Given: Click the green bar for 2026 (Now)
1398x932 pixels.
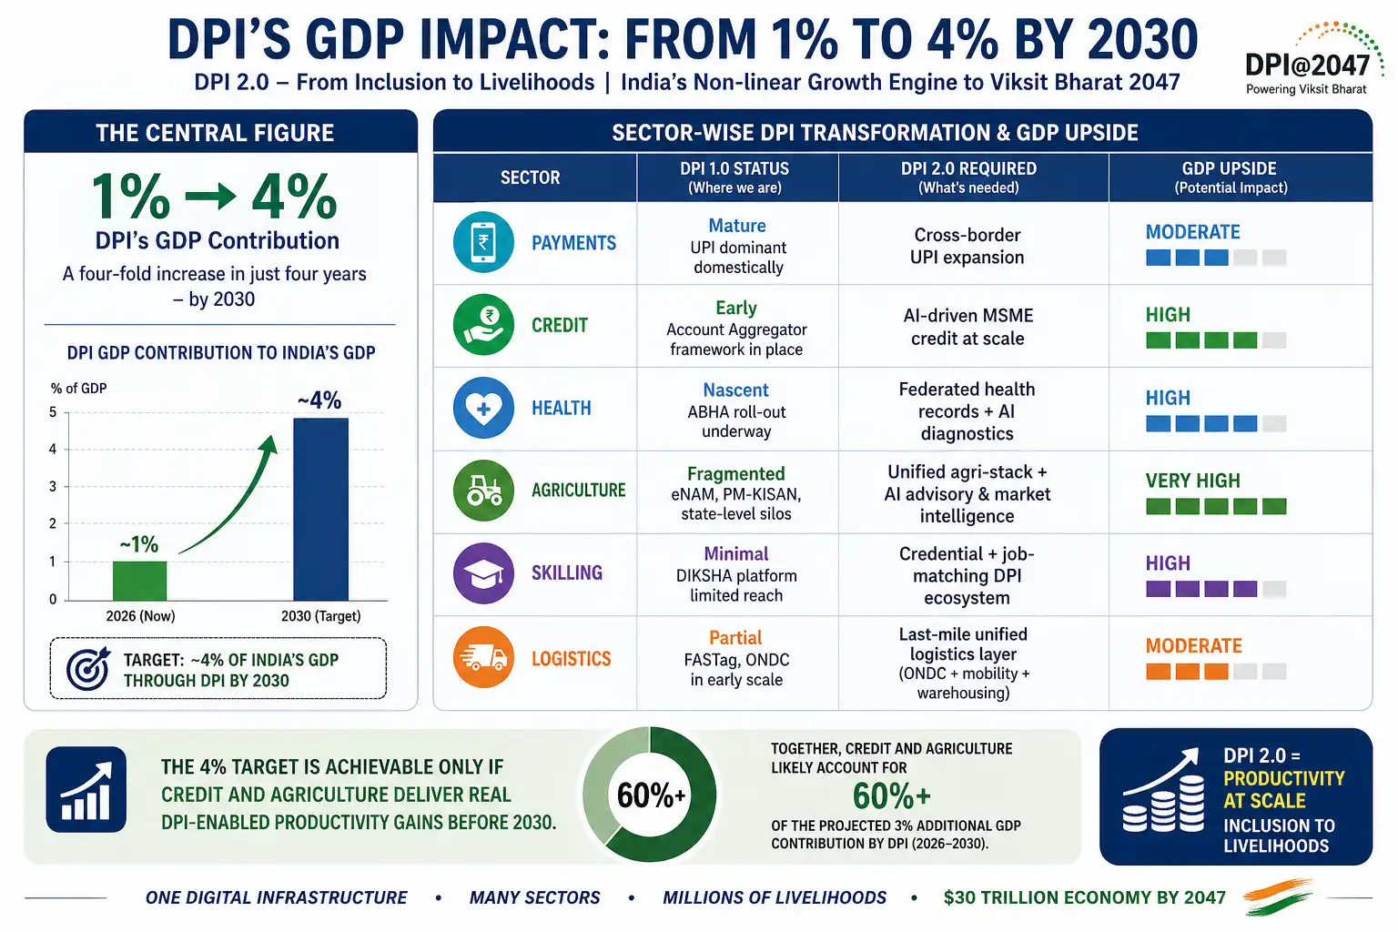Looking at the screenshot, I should click(x=139, y=580).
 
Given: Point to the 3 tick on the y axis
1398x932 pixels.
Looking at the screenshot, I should click(x=53, y=486).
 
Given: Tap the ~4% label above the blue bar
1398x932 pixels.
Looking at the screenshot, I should click(x=319, y=400).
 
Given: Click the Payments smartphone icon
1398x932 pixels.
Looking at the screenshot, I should click(x=483, y=242).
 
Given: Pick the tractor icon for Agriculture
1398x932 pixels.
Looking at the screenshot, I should click(x=483, y=490).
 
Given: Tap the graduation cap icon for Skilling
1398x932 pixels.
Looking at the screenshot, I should click(x=483, y=572).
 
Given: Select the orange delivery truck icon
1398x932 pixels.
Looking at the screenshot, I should click(x=483, y=656).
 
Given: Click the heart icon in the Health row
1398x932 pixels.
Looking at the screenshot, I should click(x=483, y=408).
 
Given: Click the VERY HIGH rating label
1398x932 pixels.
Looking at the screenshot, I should click(x=1192, y=481).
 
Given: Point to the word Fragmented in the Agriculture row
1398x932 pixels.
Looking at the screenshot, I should click(x=735, y=473).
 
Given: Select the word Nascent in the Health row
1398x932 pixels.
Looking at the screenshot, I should click(x=735, y=390).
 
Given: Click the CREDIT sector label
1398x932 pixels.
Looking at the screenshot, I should click(x=560, y=325).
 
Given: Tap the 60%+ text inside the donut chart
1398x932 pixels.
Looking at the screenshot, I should click(x=650, y=795).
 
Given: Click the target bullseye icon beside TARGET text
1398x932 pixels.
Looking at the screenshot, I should click(x=87, y=669).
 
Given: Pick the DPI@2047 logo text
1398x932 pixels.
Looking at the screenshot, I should click(x=1307, y=65).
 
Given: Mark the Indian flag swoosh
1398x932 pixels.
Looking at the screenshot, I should click(x=1278, y=896).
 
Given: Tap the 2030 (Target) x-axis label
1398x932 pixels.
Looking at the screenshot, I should click(x=320, y=616).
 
